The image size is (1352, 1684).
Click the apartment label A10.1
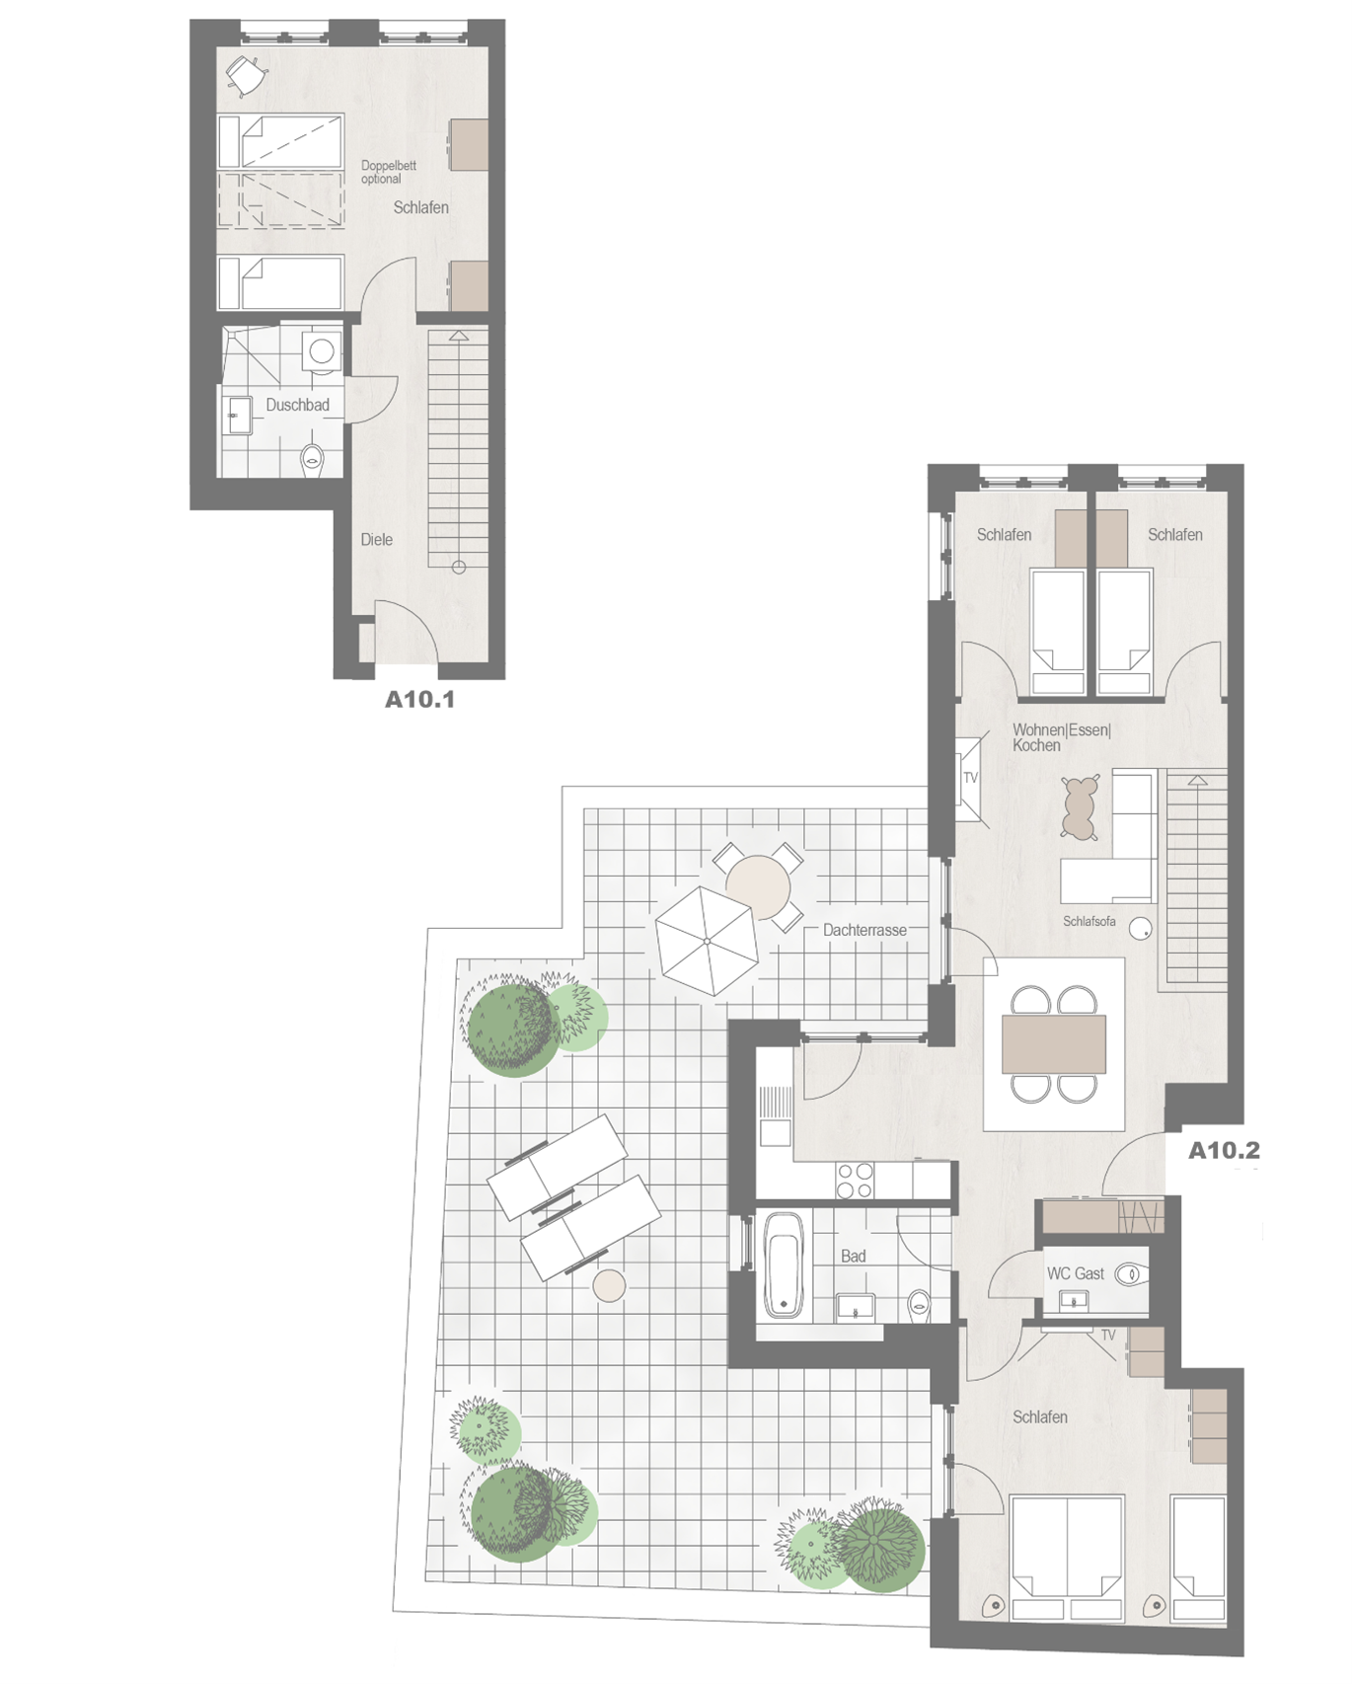click(419, 700)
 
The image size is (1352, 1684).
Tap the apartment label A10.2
click(1224, 1150)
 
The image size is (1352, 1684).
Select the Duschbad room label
click(297, 405)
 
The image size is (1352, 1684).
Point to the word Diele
click(376, 540)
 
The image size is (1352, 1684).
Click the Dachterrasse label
click(864, 930)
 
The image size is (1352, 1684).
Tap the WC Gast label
click(1076, 1273)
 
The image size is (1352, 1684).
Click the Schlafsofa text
click(1089, 921)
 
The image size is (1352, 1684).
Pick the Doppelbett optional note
click(388, 172)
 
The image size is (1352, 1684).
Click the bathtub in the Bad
click(784, 1264)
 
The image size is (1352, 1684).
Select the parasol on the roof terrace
click(708, 941)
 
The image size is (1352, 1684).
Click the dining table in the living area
click(1054, 1043)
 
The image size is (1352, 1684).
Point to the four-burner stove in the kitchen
click(855, 1181)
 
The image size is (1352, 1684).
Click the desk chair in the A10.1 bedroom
click(246, 75)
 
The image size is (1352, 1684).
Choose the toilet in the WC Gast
click(1131, 1274)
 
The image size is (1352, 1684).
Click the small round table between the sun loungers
click(610, 1285)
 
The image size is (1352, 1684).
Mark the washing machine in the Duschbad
click(322, 350)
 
